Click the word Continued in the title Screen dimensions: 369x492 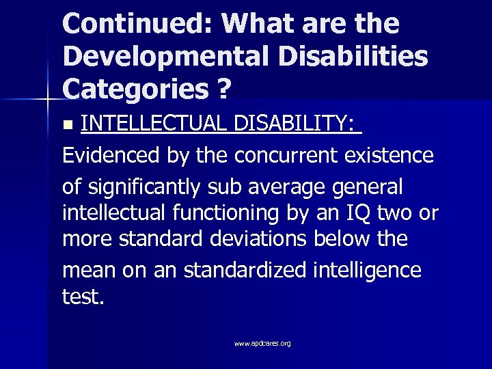(x=136, y=24)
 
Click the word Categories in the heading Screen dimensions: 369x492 (x=134, y=88)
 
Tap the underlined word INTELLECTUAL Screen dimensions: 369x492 (x=154, y=124)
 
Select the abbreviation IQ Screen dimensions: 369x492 (x=359, y=213)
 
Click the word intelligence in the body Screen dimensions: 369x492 (x=369, y=270)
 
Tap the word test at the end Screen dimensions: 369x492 (x=83, y=299)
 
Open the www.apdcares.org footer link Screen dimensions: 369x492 (x=262, y=343)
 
